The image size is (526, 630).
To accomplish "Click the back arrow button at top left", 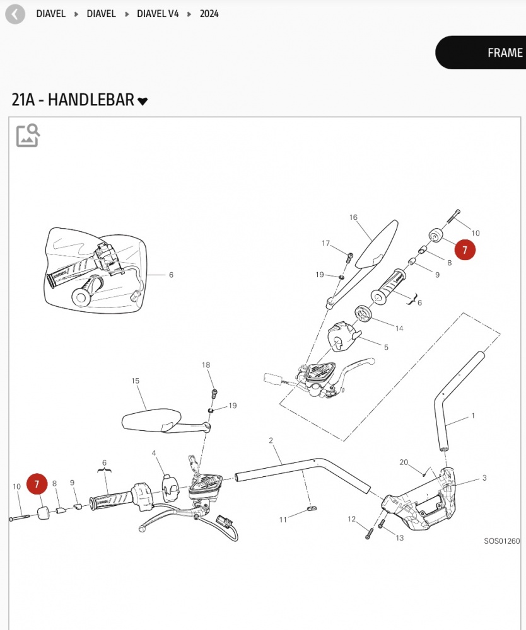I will pos(15,14).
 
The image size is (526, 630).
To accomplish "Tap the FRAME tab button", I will pos(498,53).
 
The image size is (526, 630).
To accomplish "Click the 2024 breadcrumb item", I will pos(209,14).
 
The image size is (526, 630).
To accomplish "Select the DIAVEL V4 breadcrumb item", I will pos(158,14).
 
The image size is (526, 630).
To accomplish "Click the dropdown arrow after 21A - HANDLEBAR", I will pos(143,101).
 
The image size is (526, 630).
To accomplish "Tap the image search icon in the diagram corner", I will pos(28,135).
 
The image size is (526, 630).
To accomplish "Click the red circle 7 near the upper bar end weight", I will pos(465,250).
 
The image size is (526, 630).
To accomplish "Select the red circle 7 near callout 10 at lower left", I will pos(37,484).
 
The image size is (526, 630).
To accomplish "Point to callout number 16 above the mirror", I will pos(353,218).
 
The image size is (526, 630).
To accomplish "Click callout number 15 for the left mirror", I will pos(135,381).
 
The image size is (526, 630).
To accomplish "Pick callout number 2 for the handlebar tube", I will pos(271,440).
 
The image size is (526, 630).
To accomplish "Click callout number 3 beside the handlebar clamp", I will pos(484,478).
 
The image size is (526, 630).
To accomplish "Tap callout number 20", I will pos(404,462).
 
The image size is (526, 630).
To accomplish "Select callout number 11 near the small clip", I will pos(283,519).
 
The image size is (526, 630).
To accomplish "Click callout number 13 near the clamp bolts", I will pos(399,538).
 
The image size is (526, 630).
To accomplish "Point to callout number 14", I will pos(399,328).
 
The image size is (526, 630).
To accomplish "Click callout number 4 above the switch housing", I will pos(154,453).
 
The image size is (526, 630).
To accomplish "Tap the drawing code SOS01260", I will pos(502,541).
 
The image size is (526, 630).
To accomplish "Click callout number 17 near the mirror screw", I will pos(326,243).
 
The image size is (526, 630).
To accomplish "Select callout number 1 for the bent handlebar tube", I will pos(473,416).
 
